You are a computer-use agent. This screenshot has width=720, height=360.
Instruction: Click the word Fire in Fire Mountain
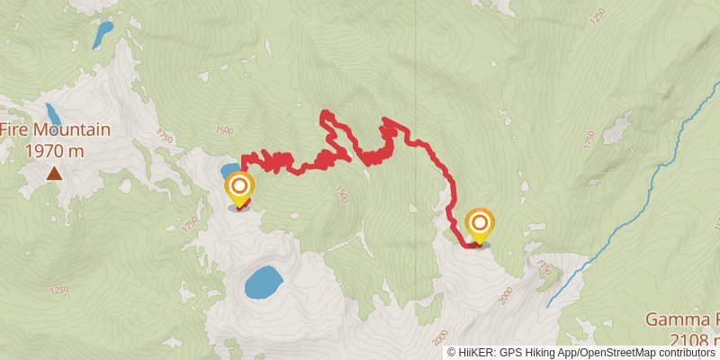pos(13,130)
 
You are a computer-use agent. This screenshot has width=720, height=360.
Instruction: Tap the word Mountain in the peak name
pos(69,130)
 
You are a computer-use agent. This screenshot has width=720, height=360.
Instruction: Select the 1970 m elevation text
pos(55,150)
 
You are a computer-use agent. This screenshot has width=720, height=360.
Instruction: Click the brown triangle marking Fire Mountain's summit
pos(55,173)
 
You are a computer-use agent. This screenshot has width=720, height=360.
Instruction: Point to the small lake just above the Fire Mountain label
pos(53,113)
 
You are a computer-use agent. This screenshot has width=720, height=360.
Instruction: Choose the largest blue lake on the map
pos(262,283)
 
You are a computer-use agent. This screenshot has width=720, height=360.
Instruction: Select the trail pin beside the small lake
pos(239,189)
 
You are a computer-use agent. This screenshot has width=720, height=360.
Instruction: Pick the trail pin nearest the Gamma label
pos(480,224)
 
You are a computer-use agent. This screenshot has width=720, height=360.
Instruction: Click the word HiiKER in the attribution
pos(477,353)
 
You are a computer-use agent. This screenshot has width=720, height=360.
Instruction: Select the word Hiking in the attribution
pos(542,353)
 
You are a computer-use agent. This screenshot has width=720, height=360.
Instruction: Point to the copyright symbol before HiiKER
pos(452,353)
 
